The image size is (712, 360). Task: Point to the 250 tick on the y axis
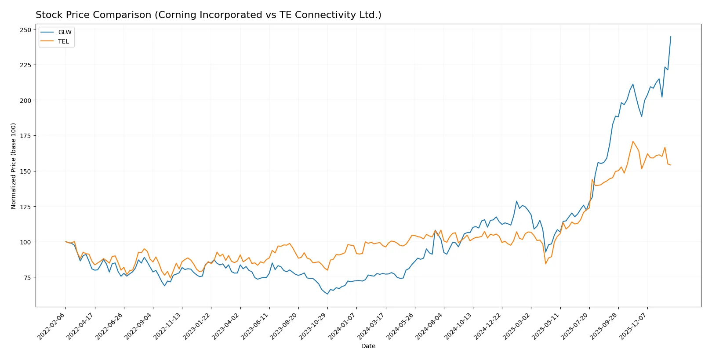point(25,30)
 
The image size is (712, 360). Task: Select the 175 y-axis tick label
point(25,136)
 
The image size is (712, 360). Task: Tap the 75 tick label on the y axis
point(27,277)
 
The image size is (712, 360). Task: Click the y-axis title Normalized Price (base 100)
point(14,166)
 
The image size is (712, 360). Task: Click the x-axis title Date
point(368,346)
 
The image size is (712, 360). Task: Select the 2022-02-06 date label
point(52,326)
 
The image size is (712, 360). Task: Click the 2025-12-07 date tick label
point(634,326)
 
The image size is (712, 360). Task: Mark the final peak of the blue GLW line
point(671,36)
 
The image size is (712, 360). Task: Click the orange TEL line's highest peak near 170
point(633,141)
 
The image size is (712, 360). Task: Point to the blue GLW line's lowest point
point(327,294)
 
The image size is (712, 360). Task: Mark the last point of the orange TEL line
point(671,165)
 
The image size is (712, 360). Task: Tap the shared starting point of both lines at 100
point(65,241)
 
